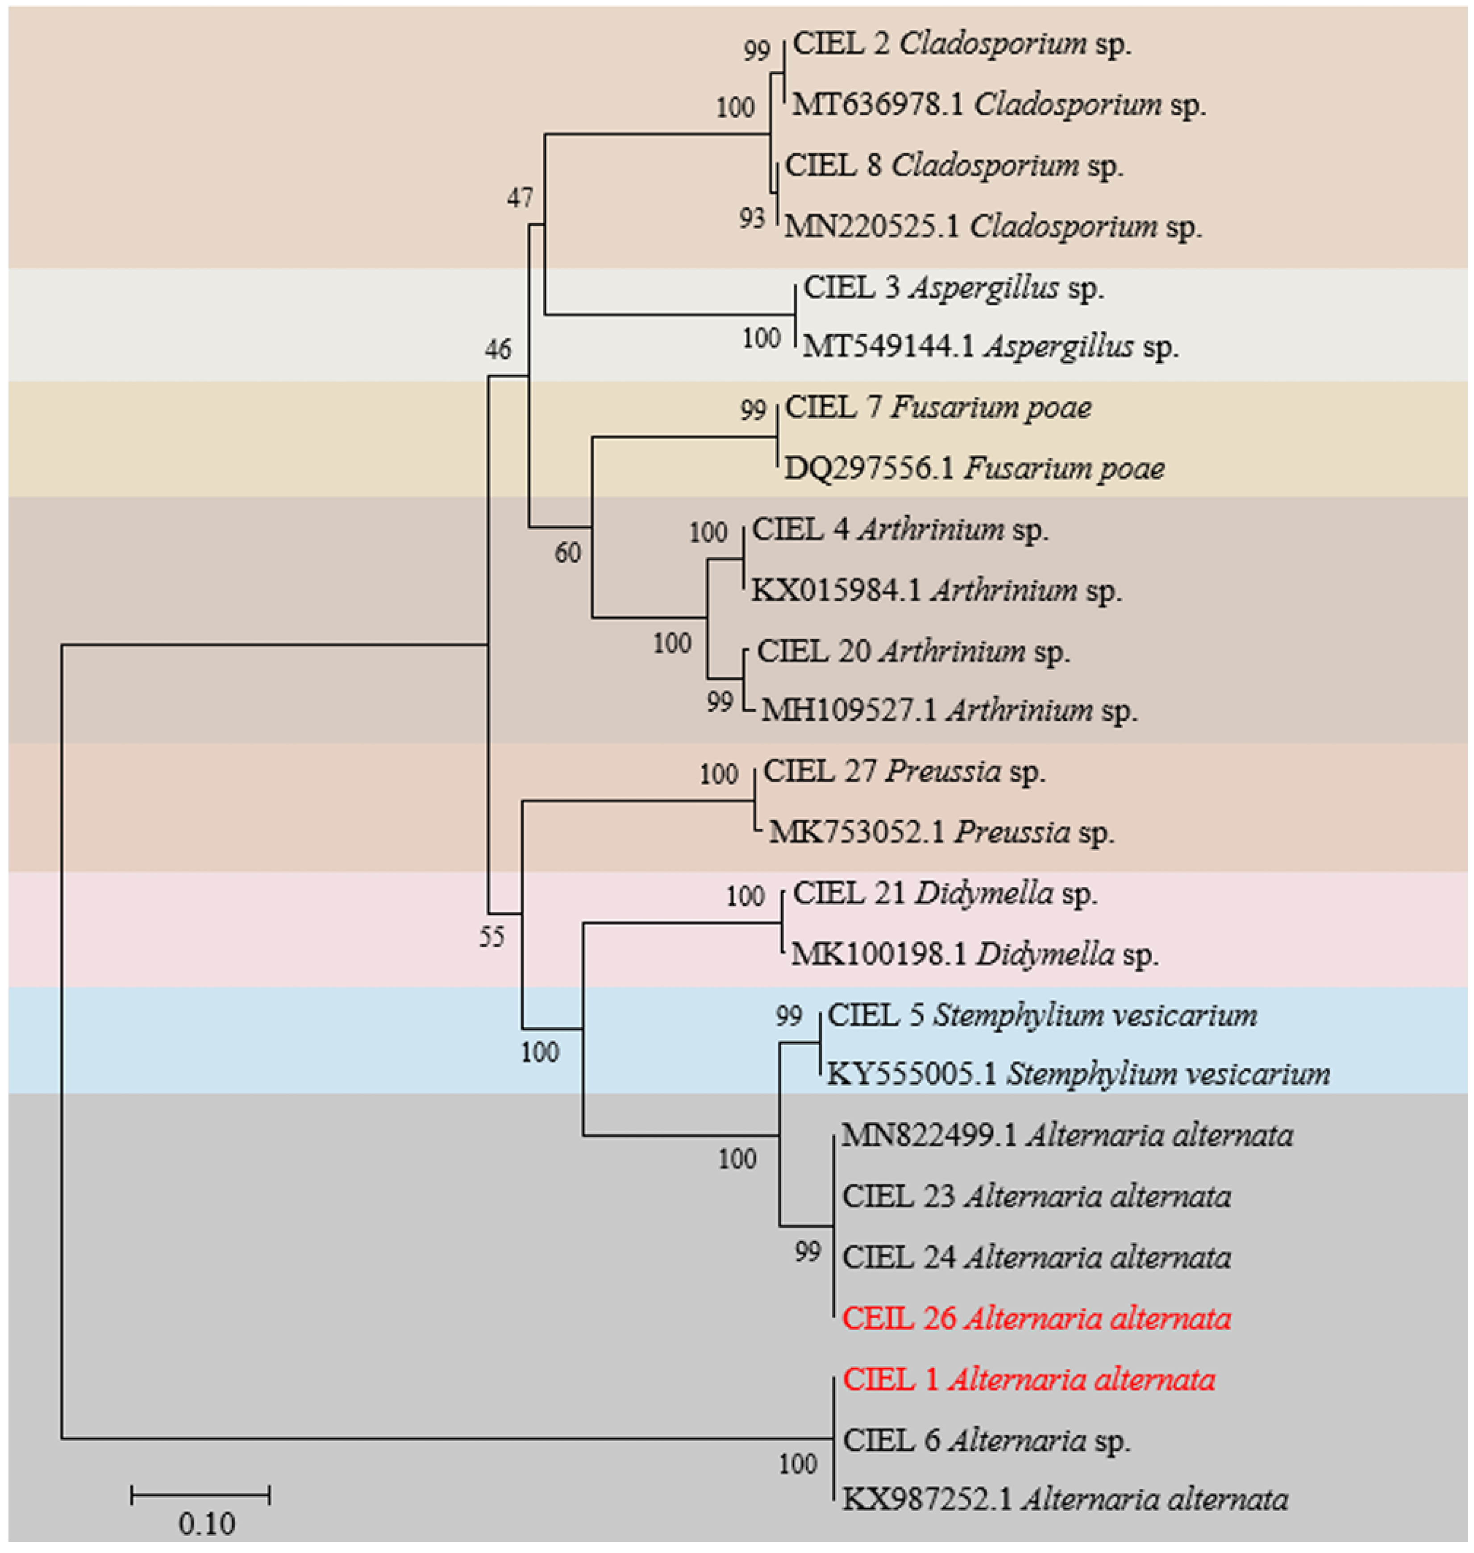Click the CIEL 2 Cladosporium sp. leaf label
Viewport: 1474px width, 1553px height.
click(x=962, y=44)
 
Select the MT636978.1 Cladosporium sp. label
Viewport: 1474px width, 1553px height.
click(x=998, y=104)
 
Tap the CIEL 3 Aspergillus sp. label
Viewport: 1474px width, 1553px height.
click(x=953, y=288)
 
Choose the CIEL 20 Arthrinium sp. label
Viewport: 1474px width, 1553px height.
click(x=913, y=651)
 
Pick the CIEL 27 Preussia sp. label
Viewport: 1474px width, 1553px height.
click(x=904, y=772)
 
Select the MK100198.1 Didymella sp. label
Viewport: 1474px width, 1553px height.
click(x=974, y=955)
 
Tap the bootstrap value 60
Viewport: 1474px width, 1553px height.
click(x=567, y=553)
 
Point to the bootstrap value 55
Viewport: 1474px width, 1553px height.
click(x=492, y=936)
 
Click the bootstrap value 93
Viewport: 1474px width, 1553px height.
click(x=752, y=218)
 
